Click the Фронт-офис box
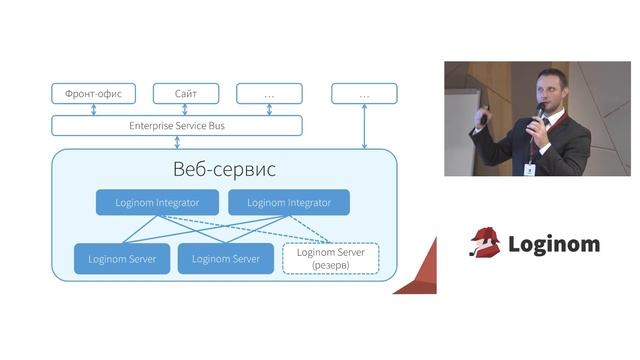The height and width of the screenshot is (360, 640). pyautogui.click(x=93, y=94)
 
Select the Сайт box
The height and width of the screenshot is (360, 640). pyautogui.click(x=185, y=94)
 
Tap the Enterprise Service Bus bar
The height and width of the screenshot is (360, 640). pyautogui.click(x=177, y=126)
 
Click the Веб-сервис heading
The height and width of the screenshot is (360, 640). pyautogui.click(x=224, y=169)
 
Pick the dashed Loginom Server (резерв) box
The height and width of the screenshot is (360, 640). pyautogui.click(x=332, y=259)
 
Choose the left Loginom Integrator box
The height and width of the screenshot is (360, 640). pyautogui.click(x=156, y=202)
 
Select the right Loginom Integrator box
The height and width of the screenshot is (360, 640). pyautogui.click(x=289, y=202)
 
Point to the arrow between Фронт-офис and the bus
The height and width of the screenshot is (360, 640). pyautogui.click(x=93, y=110)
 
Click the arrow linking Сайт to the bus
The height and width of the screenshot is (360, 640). pyautogui.click(x=185, y=110)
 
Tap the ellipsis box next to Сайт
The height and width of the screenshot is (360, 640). pyautogui.click(x=269, y=94)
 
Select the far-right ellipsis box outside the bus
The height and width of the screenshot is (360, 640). pyautogui.click(x=364, y=94)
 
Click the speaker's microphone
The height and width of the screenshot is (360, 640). pyautogui.click(x=540, y=111)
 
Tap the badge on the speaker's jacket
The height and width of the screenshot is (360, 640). pyautogui.click(x=528, y=169)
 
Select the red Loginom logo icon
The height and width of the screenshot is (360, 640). pyautogui.click(x=485, y=243)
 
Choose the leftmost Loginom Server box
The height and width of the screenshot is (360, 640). pyautogui.click(x=121, y=259)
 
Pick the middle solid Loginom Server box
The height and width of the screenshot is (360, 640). pyautogui.click(x=225, y=259)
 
